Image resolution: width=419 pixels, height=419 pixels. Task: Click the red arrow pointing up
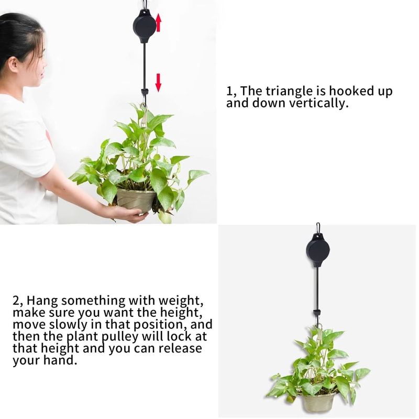point(159,23)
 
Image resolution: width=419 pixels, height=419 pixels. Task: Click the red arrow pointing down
point(158,82)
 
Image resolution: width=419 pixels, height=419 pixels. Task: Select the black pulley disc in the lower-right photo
point(317,249)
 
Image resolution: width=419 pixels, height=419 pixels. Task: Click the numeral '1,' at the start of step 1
point(231,91)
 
